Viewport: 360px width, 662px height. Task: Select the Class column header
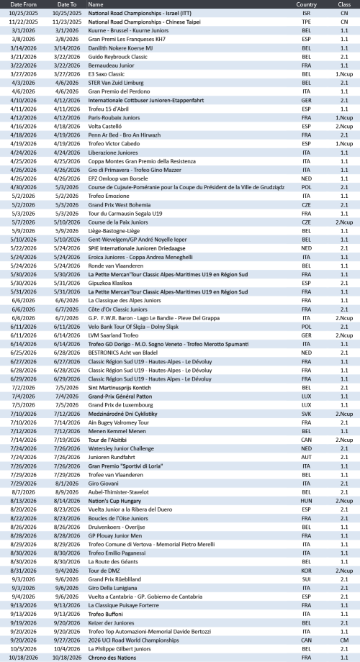tap(344, 4)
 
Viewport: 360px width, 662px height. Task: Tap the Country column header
tap(306, 4)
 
